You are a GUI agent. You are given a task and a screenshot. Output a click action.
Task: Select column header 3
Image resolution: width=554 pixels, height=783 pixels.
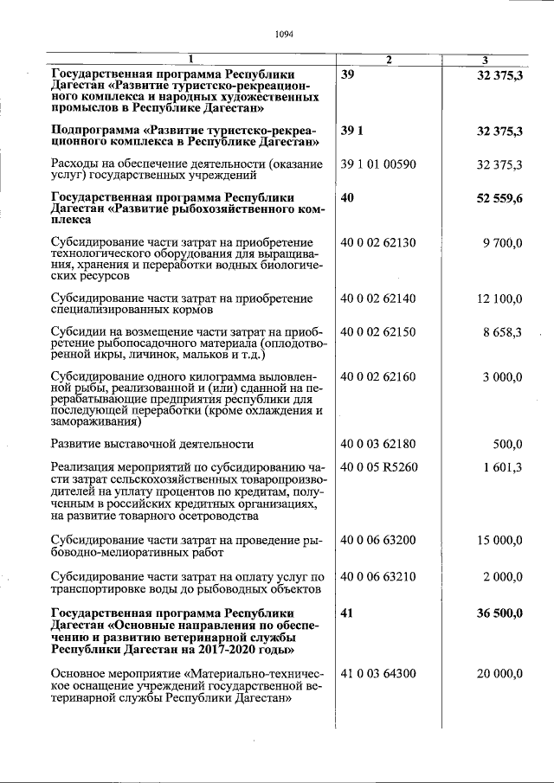pyautogui.click(x=486, y=60)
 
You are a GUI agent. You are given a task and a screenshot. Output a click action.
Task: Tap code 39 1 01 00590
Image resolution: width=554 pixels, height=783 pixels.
pyautogui.click(x=379, y=164)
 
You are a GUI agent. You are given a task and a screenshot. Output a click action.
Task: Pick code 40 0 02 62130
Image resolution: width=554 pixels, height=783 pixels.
pyautogui.click(x=379, y=244)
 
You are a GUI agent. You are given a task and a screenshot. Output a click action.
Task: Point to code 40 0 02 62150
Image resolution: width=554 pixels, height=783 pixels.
pyautogui.click(x=379, y=332)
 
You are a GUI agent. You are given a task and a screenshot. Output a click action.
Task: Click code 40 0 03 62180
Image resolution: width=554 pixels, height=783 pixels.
pyautogui.click(x=379, y=445)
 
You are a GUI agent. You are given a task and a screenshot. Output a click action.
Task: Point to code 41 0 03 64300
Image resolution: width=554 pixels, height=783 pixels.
pyautogui.click(x=379, y=673)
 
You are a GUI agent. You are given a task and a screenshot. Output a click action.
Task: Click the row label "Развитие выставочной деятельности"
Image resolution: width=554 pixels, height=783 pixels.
pyautogui.click(x=152, y=445)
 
